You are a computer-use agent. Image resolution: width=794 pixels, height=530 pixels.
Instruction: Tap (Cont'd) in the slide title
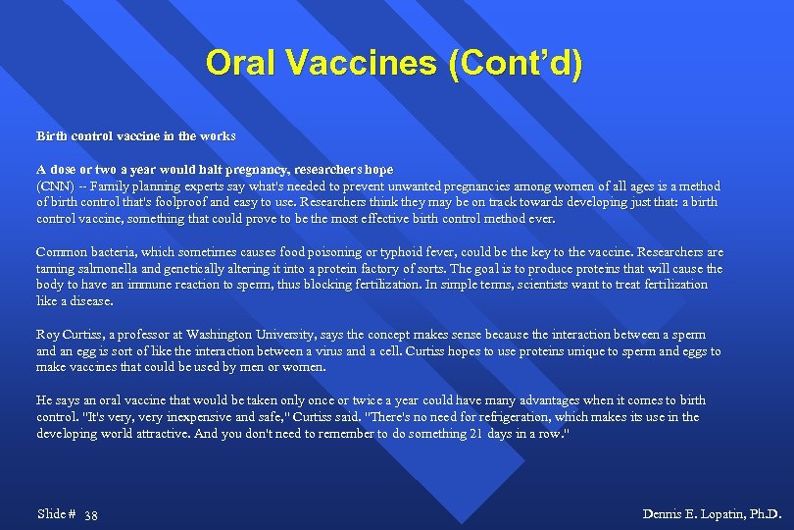pos(516,64)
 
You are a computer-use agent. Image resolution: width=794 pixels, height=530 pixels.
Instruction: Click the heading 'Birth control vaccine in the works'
pos(136,134)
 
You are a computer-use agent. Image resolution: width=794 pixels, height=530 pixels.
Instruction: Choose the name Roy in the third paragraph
pos(48,335)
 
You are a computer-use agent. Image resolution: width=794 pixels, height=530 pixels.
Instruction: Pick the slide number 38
pos(90,515)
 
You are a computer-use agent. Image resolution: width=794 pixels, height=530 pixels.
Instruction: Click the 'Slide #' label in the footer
pos(56,514)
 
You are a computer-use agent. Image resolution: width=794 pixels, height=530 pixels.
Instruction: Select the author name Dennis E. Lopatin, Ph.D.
pos(712,514)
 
